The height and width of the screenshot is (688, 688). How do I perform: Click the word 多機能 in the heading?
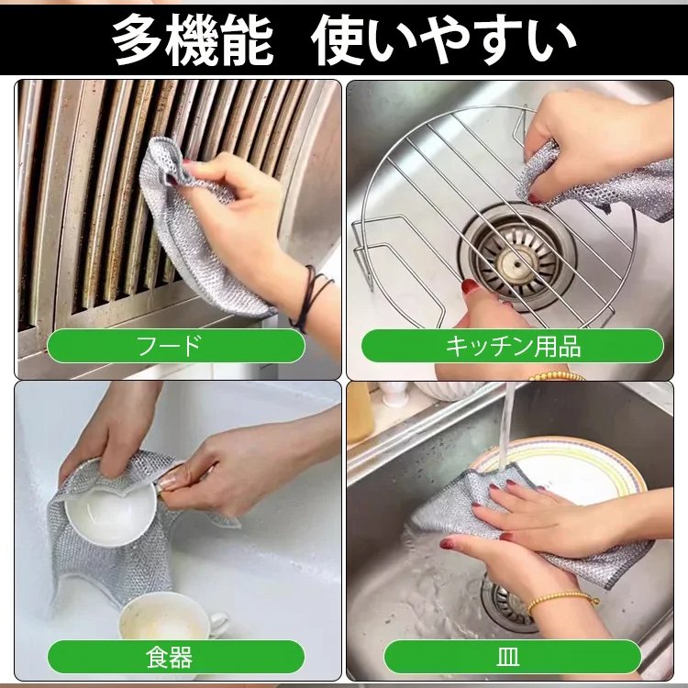[x=193, y=40]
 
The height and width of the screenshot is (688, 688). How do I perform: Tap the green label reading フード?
[x=175, y=346]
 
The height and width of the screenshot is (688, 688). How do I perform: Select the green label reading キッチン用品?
[x=512, y=346]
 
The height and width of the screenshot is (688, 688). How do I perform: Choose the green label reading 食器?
[x=175, y=657]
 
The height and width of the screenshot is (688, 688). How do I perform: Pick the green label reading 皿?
[x=512, y=657]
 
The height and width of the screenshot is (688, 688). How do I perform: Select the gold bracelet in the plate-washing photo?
[x=561, y=600]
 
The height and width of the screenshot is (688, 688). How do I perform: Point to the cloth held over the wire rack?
[x=596, y=183]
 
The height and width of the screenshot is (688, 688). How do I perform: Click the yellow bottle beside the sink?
[x=359, y=413]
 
